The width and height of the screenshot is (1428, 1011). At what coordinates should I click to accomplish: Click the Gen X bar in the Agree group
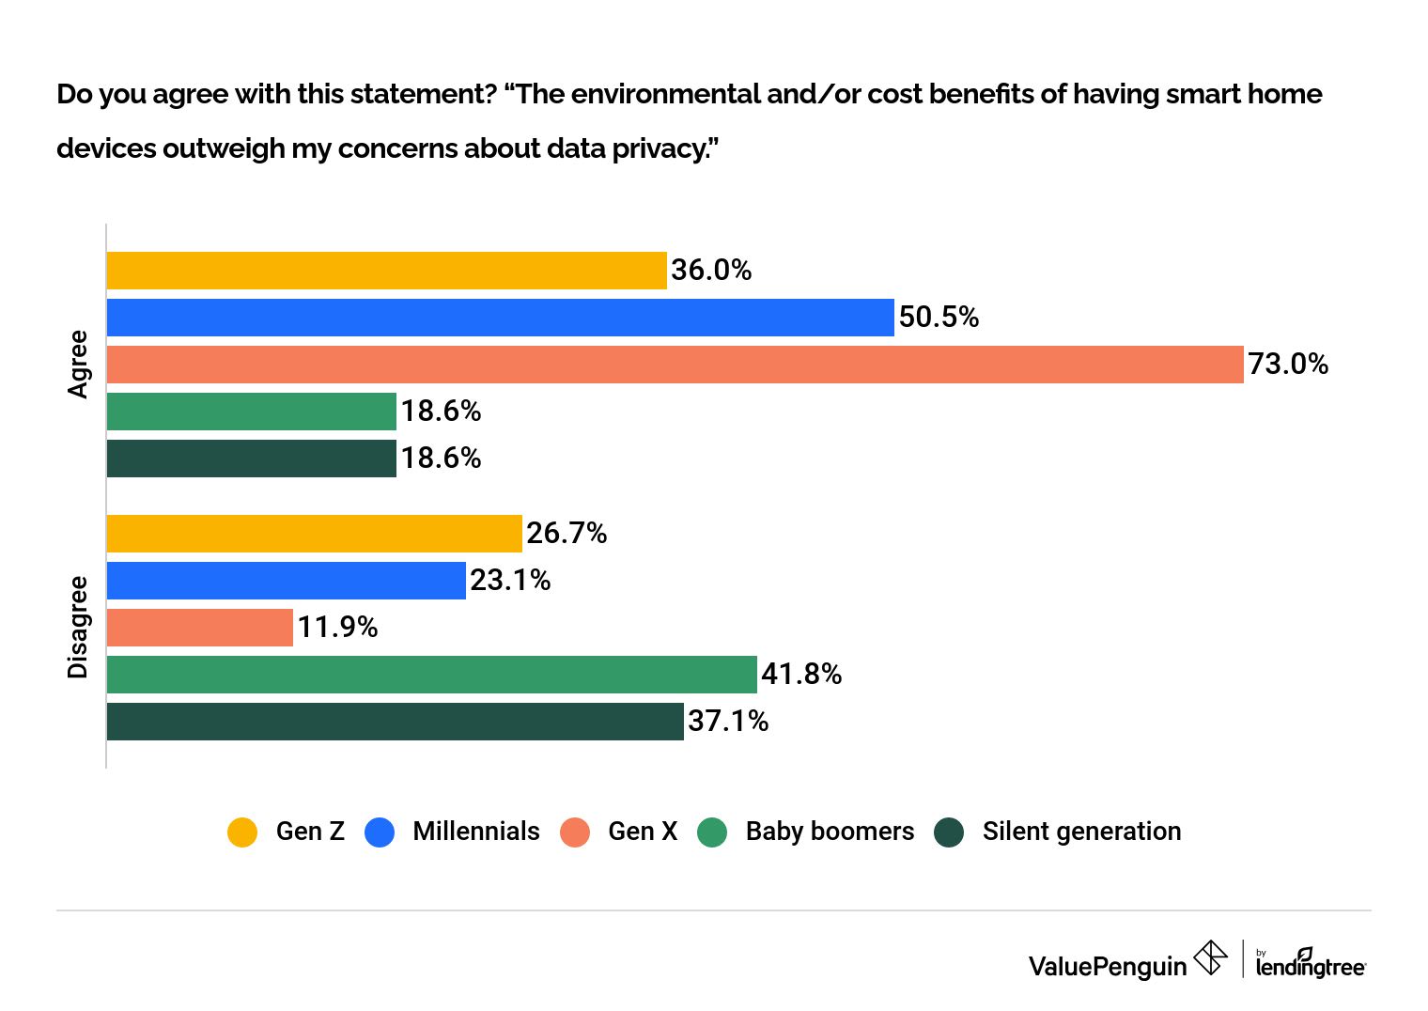(x=675, y=365)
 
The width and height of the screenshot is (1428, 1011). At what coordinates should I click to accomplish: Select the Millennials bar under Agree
(x=500, y=318)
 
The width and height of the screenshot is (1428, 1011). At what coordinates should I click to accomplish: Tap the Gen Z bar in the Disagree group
(x=314, y=534)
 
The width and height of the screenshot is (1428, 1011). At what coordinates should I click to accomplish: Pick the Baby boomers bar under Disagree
(x=431, y=675)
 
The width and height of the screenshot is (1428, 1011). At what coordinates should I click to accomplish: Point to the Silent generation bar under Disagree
(x=395, y=722)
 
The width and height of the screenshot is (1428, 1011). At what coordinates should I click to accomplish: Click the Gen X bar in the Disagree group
(x=199, y=628)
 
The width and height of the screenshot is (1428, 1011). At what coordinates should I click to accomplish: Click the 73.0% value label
(x=1288, y=365)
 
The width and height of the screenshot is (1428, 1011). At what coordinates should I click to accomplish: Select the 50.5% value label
(x=939, y=318)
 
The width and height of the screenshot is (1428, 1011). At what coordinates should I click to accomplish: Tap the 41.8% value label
(x=801, y=675)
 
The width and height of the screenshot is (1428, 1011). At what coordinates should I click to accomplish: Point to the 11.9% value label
(x=337, y=628)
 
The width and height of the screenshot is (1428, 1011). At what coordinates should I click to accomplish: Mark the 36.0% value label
(x=711, y=271)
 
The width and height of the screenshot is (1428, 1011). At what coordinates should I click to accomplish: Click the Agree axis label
(x=78, y=365)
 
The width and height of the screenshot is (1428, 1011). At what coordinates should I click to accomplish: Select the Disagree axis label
(x=78, y=628)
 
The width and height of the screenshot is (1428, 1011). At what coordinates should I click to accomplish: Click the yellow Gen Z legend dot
(x=242, y=832)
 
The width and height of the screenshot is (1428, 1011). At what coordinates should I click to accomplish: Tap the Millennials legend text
(x=476, y=832)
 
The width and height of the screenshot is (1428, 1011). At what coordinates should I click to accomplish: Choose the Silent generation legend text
(x=1081, y=832)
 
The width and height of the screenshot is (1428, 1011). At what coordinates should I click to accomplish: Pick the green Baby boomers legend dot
(x=712, y=832)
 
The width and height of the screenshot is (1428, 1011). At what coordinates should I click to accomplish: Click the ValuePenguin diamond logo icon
(x=1210, y=958)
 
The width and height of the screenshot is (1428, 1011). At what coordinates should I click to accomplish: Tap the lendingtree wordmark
(x=1311, y=966)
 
